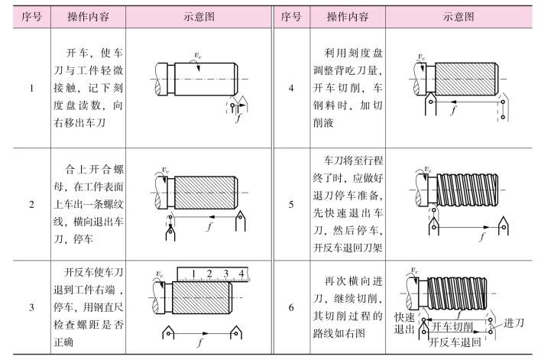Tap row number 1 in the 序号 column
31,88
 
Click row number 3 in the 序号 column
31,308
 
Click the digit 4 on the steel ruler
242,273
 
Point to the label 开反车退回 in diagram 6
455,340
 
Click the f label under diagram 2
209,227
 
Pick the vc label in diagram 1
199,55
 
